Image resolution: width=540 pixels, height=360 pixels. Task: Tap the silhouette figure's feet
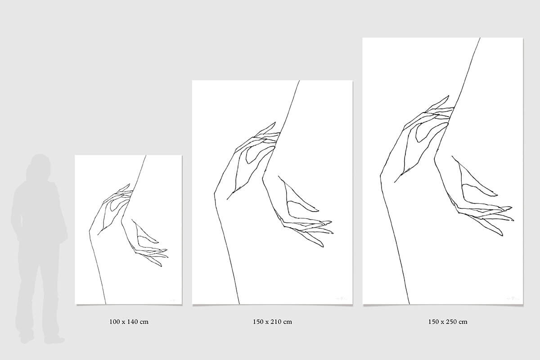pyautogui.click(x=42, y=339)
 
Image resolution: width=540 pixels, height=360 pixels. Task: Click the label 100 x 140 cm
pyautogui.click(x=129, y=322)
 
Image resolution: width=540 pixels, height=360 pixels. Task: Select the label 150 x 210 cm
pyautogui.click(x=272, y=322)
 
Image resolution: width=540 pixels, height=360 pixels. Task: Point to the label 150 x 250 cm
pyautogui.click(x=448, y=322)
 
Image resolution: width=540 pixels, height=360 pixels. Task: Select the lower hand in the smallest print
pyautogui.click(x=147, y=243)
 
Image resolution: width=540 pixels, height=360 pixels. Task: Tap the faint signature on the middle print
pyautogui.click(x=340, y=298)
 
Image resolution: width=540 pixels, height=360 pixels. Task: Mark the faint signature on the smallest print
pyautogui.click(x=173, y=300)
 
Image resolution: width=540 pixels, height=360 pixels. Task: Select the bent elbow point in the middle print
pyautogui.click(x=214, y=193)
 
